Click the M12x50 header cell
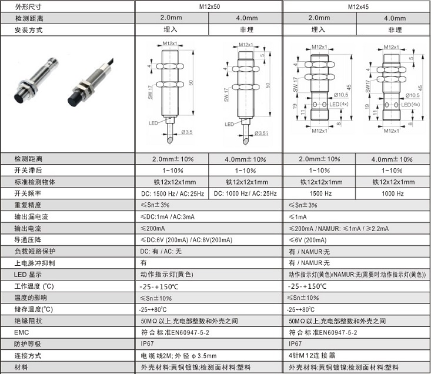[x=209, y=7]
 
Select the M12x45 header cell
[x=356, y=7]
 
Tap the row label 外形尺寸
[x=29, y=7]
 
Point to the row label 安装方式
[x=29, y=29]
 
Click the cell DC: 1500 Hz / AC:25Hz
[x=172, y=193]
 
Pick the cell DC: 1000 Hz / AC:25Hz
[x=245, y=193]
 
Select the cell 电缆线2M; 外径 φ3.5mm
[x=178, y=356]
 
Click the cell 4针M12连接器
[x=312, y=356]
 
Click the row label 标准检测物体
[x=35, y=182]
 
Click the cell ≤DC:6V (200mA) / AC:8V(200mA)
[x=186, y=240]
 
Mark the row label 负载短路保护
[x=35, y=252]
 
